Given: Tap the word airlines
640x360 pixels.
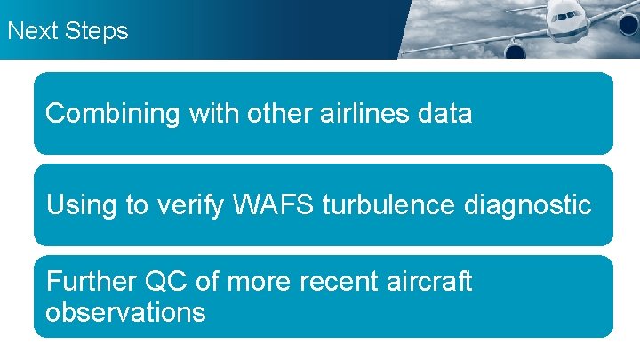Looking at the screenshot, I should pyautogui.click(x=360, y=114).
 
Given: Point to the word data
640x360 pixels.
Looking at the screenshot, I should pyautogui.click(x=444, y=114).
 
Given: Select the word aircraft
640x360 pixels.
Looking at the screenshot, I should pyautogui.click(x=430, y=282).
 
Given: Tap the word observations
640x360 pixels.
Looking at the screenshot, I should pyautogui.click(x=125, y=313).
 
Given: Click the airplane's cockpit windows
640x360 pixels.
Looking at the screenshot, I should pyautogui.click(x=568, y=15).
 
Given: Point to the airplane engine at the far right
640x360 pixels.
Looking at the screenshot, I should pyautogui.click(x=629, y=24).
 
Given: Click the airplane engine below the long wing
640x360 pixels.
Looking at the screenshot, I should pyautogui.click(x=516, y=49).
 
